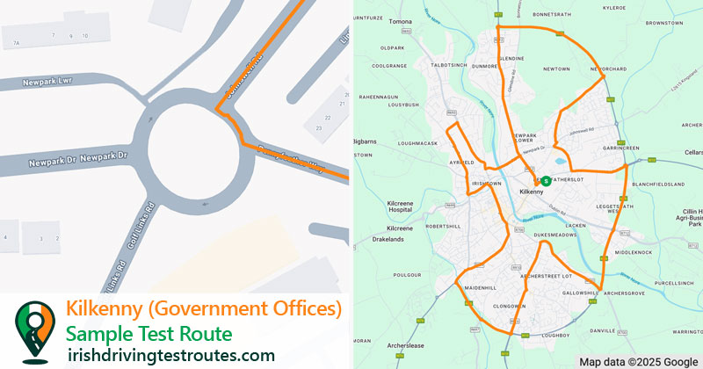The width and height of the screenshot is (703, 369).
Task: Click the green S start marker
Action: pyautogui.click(x=546, y=180)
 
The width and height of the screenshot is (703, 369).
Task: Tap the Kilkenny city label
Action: pyautogui.click(x=533, y=192)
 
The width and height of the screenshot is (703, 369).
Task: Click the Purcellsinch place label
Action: pyautogui.click(x=674, y=282)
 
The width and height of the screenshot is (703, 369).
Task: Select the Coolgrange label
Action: pyautogui.click(x=389, y=65)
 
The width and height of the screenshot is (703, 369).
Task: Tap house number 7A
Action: pyautogui.click(x=16, y=43)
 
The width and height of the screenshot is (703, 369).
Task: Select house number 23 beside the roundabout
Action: pyautogui.click(x=319, y=128)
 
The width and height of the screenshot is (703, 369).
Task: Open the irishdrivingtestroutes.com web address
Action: pyautogui.click(x=171, y=355)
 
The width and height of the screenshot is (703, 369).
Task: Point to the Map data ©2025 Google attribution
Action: pyautogui.click(x=637, y=361)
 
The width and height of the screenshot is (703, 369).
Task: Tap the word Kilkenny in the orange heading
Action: pyautogui.click(x=109, y=309)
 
